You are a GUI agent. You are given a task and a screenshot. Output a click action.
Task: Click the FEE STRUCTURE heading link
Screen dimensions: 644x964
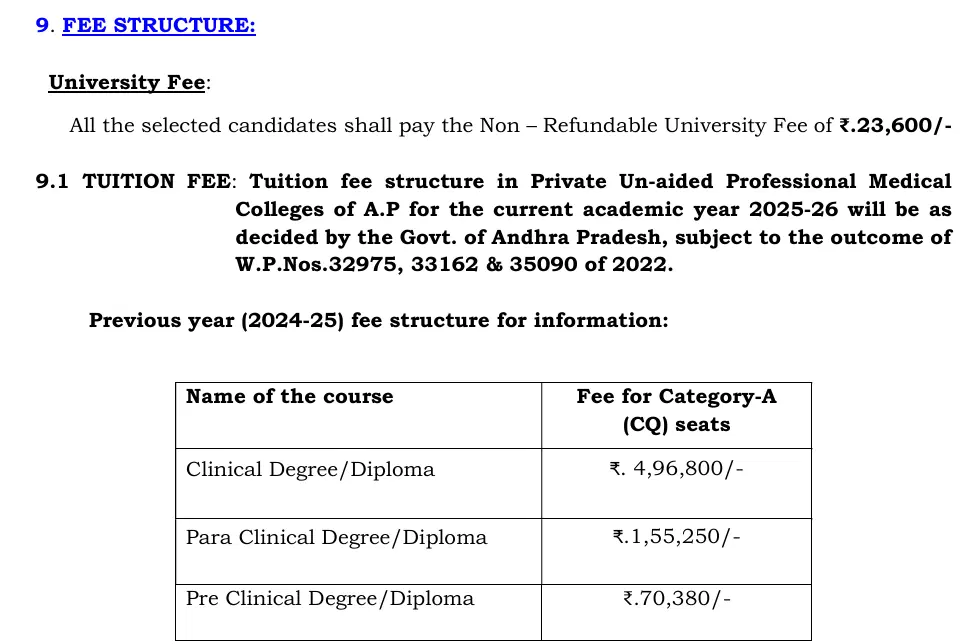click(159, 25)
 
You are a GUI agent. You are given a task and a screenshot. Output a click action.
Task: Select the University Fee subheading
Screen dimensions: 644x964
click(127, 83)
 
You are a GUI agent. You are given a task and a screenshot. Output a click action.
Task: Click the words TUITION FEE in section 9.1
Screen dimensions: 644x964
click(156, 181)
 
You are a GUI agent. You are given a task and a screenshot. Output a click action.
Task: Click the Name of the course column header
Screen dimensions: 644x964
click(289, 396)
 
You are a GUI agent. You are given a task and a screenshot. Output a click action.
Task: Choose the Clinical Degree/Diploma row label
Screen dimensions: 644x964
click(310, 469)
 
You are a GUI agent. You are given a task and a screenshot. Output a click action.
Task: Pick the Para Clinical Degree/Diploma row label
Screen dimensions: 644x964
click(336, 537)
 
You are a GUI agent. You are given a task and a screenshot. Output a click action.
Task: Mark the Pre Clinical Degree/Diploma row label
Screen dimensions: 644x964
click(330, 599)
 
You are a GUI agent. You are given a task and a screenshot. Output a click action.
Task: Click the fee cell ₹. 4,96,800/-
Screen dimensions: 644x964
click(676, 469)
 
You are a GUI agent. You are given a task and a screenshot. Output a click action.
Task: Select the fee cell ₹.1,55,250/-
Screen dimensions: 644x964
click(676, 537)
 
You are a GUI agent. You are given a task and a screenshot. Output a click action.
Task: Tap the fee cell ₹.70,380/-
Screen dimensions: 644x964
click(676, 599)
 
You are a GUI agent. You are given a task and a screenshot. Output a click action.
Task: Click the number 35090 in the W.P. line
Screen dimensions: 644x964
click(546, 266)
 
